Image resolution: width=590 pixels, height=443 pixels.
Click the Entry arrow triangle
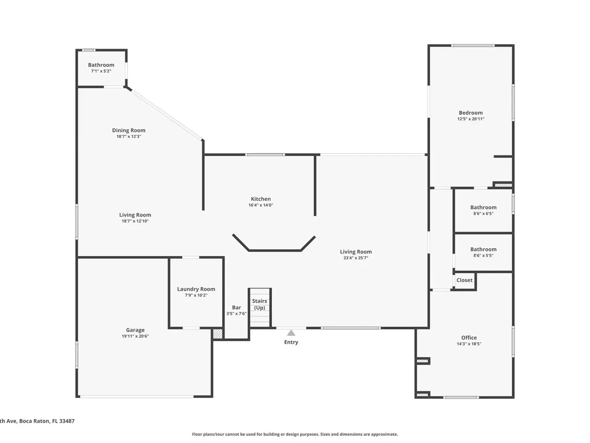coord(291,333)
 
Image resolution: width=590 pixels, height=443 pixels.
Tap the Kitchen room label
coord(260,199)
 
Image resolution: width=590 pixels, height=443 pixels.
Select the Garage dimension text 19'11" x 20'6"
coord(135,336)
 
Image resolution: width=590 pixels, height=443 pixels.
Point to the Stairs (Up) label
coord(260,304)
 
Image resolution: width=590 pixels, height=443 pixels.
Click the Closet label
coord(464,280)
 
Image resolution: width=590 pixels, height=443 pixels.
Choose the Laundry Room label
coord(196,289)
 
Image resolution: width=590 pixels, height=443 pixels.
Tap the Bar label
coord(236,307)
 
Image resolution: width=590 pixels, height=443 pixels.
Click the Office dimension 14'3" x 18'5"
coord(469,344)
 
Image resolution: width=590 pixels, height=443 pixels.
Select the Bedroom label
coord(471,113)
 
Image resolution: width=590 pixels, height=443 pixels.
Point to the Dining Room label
coord(129,131)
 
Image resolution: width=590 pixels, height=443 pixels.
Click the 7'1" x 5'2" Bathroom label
coord(101,65)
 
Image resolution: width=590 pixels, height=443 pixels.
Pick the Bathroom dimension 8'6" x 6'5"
coord(483,214)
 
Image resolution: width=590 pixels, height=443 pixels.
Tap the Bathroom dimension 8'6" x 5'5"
coord(483,256)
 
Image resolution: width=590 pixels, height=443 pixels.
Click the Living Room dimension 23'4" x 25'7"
coord(355,258)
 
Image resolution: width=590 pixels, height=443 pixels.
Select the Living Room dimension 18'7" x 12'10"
coord(135,221)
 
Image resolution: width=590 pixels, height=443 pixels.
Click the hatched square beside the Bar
coord(218,334)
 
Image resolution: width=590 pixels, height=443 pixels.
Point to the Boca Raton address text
coord(37,421)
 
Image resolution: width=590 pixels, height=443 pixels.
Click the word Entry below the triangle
coord(291,342)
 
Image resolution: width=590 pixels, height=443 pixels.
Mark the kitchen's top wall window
coord(265,155)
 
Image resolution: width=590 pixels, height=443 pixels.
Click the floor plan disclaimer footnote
coord(295,434)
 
